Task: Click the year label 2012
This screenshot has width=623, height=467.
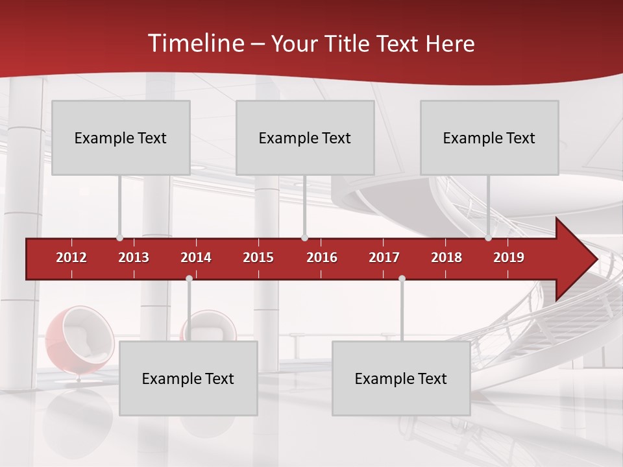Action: (x=71, y=257)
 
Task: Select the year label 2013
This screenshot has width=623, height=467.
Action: (x=134, y=257)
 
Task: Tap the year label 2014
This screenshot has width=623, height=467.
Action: (x=196, y=257)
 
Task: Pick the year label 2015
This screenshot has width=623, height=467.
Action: (x=258, y=257)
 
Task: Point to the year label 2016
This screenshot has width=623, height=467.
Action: (x=322, y=257)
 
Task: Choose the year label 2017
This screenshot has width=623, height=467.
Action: (x=384, y=257)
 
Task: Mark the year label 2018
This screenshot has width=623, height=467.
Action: (x=446, y=257)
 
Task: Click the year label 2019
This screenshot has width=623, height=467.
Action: (x=509, y=257)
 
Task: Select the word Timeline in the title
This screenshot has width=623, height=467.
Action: (x=195, y=43)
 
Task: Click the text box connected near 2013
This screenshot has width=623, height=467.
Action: (x=121, y=138)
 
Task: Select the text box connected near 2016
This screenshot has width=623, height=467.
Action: (x=305, y=138)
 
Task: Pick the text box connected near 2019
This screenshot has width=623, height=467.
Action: (x=489, y=138)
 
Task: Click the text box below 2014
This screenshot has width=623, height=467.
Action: (x=188, y=378)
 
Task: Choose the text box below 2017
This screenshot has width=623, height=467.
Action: (x=401, y=378)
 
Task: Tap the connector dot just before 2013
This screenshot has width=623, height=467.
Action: (x=119, y=238)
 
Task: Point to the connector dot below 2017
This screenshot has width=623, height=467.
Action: (x=402, y=278)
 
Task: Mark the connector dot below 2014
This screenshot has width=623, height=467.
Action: (x=189, y=278)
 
